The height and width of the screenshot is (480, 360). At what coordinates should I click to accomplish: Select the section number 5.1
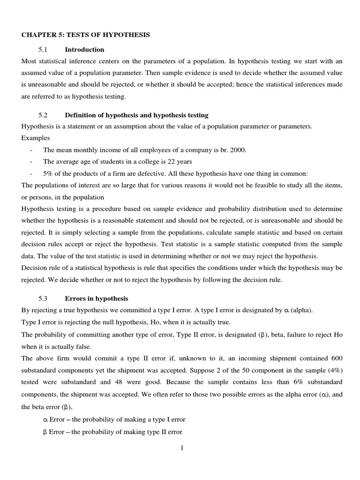(44, 50)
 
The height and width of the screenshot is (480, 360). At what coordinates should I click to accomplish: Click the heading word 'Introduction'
(84, 50)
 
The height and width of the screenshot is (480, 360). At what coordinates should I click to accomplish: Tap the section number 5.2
(44, 115)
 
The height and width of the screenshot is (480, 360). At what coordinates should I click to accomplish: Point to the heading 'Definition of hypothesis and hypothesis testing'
(136, 115)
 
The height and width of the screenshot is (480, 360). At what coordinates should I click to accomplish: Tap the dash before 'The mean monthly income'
(30, 150)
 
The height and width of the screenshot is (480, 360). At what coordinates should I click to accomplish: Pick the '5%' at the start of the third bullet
(49, 173)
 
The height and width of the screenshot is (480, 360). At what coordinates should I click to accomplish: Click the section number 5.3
(44, 299)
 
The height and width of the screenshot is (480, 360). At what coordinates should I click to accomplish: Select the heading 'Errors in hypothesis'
(96, 299)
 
